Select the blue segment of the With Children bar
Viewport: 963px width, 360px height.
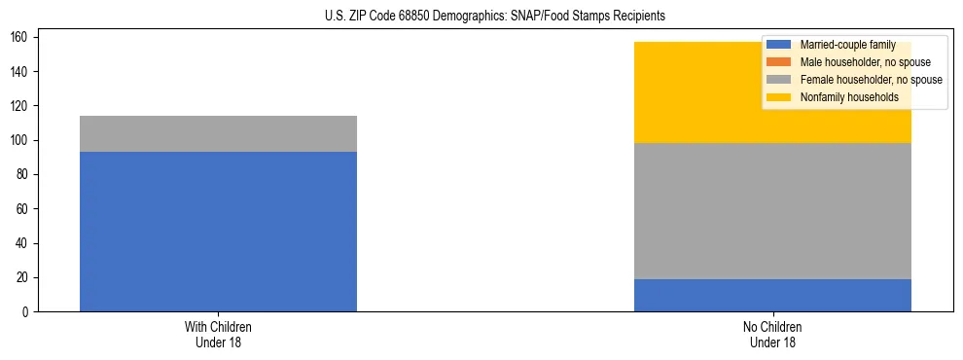[x=218, y=232]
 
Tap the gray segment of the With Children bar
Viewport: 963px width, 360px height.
[x=218, y=134]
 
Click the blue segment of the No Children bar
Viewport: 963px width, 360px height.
[x=772, y=295]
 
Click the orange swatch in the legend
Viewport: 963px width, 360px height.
[x=779, y=62]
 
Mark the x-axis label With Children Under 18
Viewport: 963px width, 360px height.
[x=218, y=334]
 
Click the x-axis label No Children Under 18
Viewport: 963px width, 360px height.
[x=772, y=334]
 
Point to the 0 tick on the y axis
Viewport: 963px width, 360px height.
[x=28, y=312]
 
